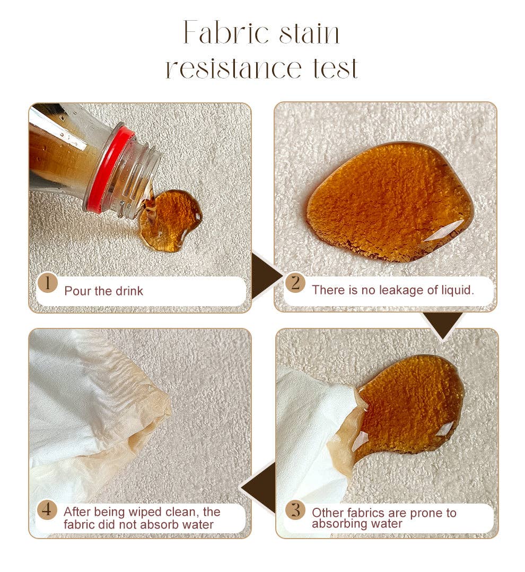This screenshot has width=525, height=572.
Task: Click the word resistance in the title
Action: (234, 68)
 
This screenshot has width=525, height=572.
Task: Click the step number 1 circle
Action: (47, 283)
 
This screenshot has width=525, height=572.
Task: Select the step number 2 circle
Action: (295, 283)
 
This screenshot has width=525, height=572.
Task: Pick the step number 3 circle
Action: (296, 509)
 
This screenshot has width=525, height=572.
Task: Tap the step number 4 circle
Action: (47, 509)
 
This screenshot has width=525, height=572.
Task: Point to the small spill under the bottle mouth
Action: (170, 221)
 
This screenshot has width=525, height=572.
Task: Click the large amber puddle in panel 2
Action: (388, 203)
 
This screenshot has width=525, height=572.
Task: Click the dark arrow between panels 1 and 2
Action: (266, 275)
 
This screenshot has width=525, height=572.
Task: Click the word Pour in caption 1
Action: (77, 291)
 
